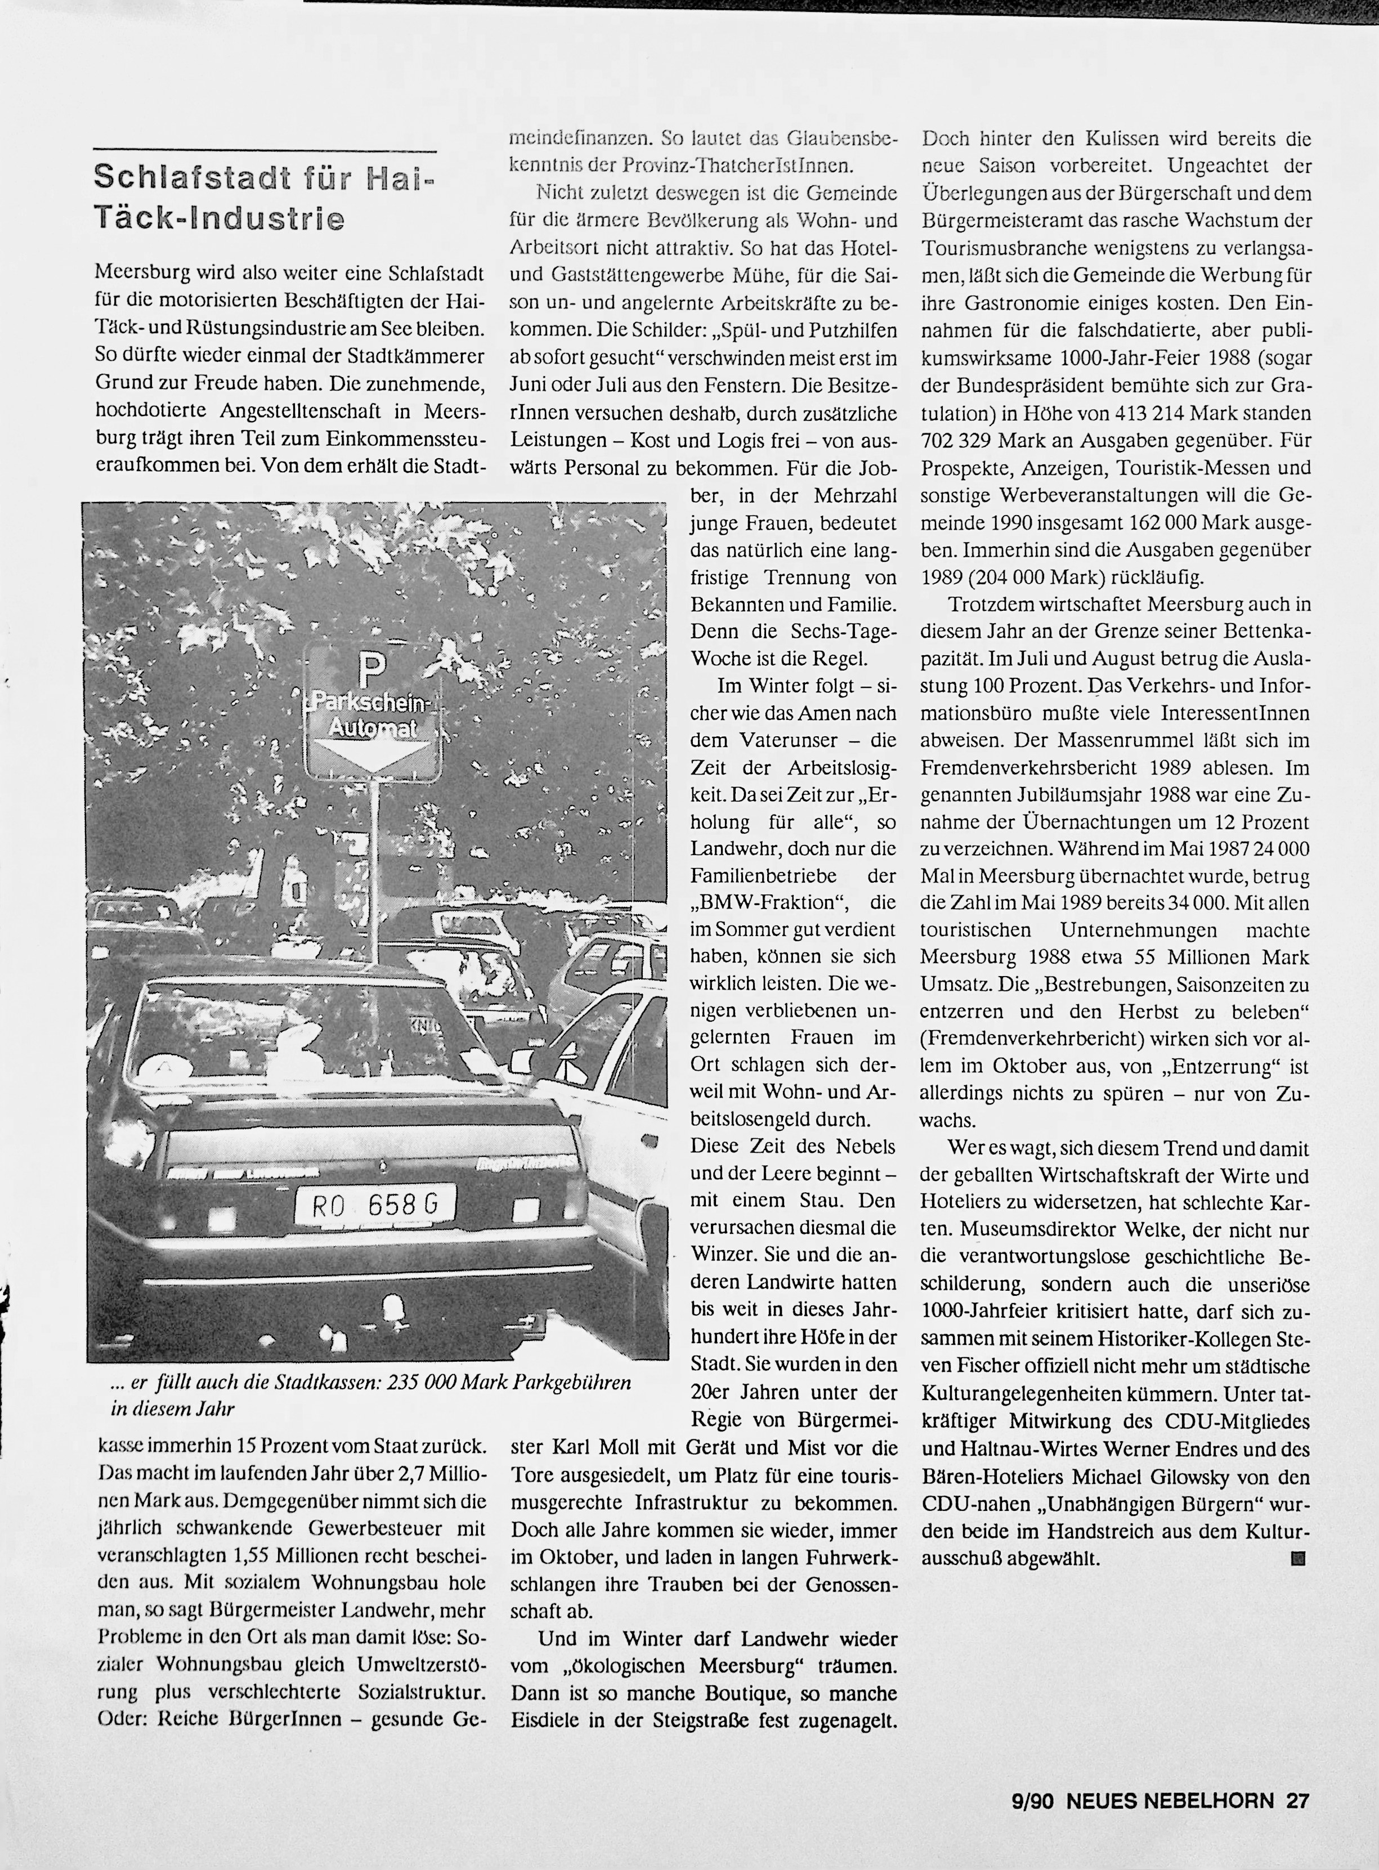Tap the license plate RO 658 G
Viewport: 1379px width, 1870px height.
[x=375, y=1205]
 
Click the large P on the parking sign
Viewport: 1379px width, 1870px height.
[x=372, y=668]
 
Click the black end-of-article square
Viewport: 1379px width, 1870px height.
[x=1298, y=1558]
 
